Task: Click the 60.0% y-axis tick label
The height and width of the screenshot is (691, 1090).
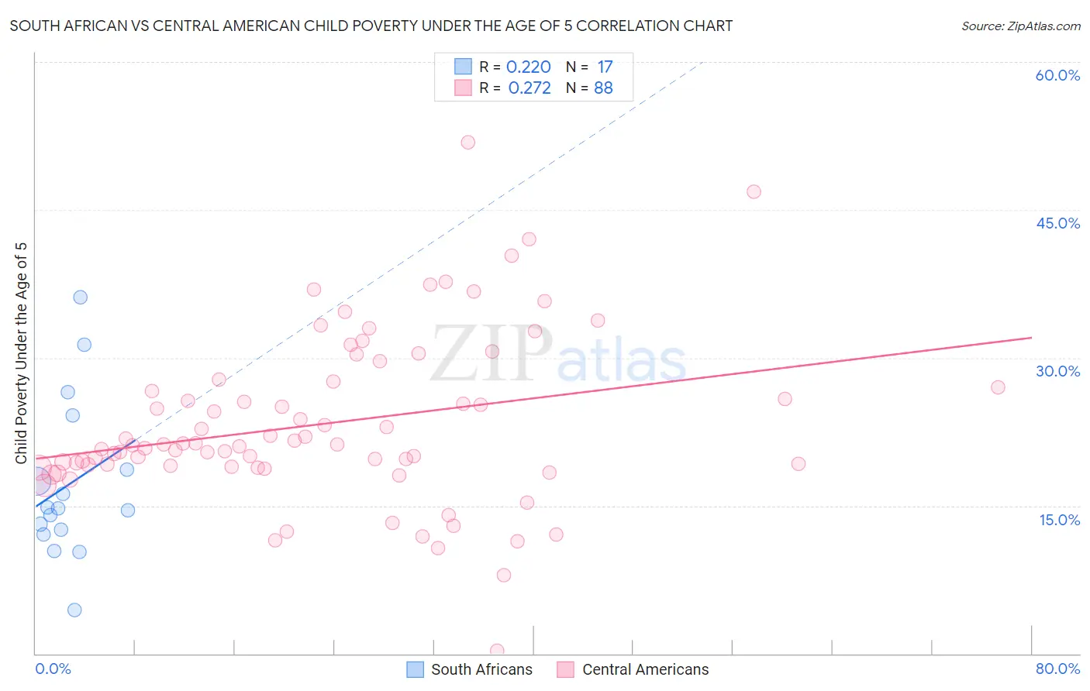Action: pos(1057,75)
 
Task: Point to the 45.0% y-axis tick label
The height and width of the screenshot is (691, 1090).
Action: pos(1057,223)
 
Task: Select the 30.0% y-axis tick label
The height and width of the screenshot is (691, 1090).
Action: pos(1057,371)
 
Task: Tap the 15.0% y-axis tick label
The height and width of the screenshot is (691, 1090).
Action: pos(1059,520)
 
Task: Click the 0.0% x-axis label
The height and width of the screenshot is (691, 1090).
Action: pos(53,669)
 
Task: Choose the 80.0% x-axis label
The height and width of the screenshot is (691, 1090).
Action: pos(1057,669)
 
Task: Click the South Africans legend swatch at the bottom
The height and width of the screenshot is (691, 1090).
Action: pos(416,669)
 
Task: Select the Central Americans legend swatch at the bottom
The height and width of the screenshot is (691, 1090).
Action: pos(566,669)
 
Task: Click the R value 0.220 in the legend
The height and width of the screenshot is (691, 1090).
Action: pos(528,67)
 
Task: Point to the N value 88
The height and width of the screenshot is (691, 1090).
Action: pos(603,88)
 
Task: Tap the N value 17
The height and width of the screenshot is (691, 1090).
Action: pos(605,67)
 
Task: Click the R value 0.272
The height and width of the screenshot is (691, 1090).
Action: pos(529,88)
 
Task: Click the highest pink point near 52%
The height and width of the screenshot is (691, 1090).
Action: pos(467,143)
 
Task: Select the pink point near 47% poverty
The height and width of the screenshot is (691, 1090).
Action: pos(754,192)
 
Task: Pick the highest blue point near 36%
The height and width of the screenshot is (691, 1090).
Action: pos(80,297)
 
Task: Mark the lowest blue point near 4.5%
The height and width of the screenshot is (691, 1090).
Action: pos(74,610)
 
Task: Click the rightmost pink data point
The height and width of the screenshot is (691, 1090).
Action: pos(998,387)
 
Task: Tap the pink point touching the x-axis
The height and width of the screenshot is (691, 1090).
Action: pos(497,651)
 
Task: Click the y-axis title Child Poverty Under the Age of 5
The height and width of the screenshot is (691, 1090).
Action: pos(22,353)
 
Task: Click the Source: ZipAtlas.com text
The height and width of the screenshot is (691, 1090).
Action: pos(1020,26)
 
